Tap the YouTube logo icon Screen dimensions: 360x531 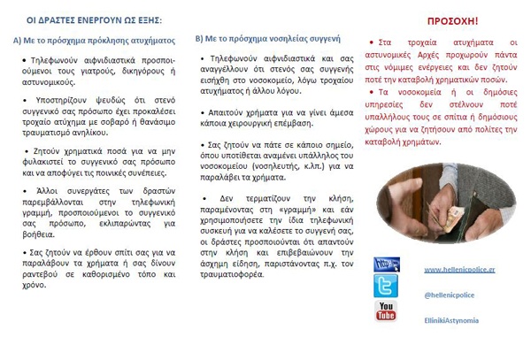point(386,310)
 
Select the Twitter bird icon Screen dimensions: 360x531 point(386,286)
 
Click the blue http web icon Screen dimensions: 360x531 point(386,264)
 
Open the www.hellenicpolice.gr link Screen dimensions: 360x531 point(458,269)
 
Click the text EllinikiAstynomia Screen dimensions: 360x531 point(451,320)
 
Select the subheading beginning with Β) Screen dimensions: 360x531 point(265,40)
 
